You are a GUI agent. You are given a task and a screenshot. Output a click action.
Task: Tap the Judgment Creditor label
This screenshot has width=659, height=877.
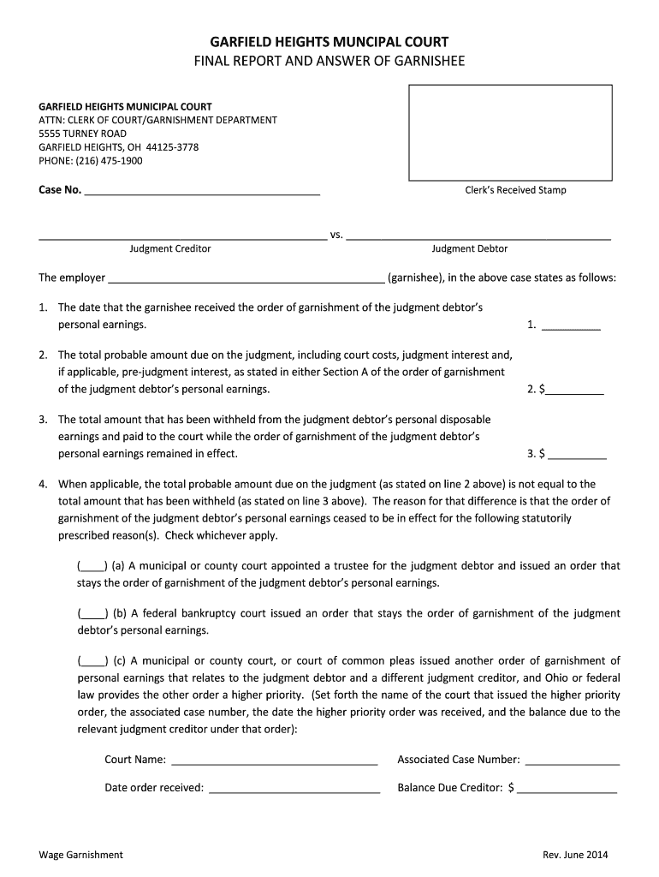[x=170, y=249]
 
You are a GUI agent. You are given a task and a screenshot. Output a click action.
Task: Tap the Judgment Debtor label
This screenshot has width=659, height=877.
[x=469, y=249]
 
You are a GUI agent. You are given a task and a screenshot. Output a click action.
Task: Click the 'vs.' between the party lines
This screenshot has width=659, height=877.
[x=336, y=235]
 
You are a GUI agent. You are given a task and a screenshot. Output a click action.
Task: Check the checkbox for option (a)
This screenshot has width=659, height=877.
[x=92, y=567]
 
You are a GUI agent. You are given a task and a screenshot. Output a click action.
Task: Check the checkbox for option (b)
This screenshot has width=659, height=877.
[x=92, y=614]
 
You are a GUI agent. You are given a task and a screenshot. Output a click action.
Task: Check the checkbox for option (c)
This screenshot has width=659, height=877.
[x=92, y=661]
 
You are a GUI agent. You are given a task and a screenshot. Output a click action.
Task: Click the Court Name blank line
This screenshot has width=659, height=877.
[x=274, y=761]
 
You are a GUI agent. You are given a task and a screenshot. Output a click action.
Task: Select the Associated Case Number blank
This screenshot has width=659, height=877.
[x=572, y=761]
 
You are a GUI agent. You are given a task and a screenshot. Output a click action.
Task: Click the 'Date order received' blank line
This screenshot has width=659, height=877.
[x=294, y=790]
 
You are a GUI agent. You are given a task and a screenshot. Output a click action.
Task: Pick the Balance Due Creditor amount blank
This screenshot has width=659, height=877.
[x=567, y=790]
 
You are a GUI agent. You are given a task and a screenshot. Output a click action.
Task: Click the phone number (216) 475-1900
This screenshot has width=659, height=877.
[x=91, y=161]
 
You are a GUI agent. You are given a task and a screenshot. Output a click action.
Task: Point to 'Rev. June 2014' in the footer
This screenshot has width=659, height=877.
[x=575, y=856]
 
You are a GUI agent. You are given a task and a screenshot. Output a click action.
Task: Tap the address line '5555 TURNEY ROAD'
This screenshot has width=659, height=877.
[x=82, y=134]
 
